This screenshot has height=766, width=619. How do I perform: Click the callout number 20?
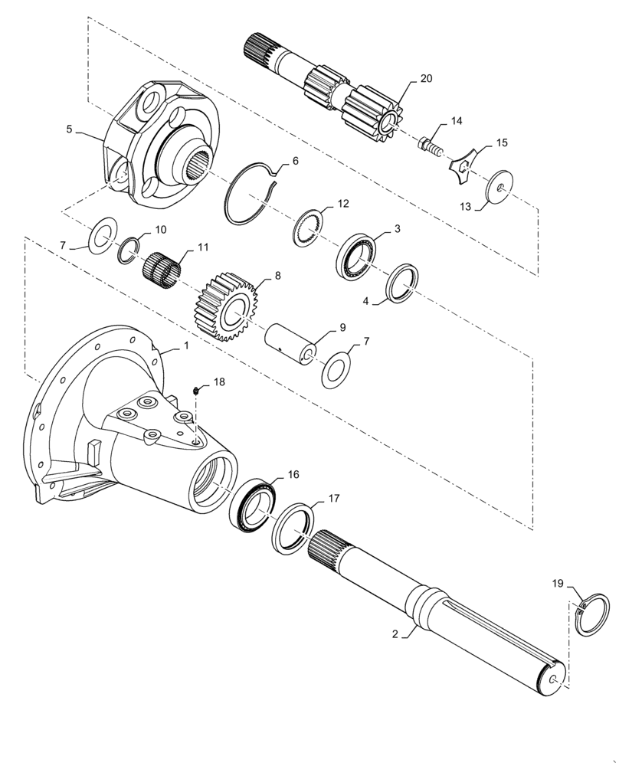click(425, 78)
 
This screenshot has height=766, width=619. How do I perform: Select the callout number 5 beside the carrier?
click(69, 129)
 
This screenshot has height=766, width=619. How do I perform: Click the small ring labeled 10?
click(129, 249)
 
